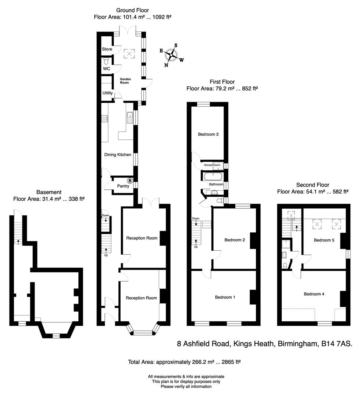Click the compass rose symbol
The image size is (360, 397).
[x=172, y=56]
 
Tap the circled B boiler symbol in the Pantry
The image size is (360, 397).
[x=129, y=180]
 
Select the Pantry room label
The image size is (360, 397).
[x=123, y=186]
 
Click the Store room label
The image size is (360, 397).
[x=107, y=49]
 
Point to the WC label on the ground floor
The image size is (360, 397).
[x=107, y=69]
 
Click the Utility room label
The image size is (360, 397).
[x=107, y=93]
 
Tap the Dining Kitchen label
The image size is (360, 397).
[x=119, y=155]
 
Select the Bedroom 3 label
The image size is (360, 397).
[x=208, y=134]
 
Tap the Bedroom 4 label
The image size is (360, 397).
[x=314, y=294]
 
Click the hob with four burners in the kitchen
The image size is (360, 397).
[x=104, y=118]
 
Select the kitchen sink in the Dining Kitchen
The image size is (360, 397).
[x=129, y=117]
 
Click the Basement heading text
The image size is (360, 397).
[x=49, y=192]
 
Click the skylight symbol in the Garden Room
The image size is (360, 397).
[x=129, y=54]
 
